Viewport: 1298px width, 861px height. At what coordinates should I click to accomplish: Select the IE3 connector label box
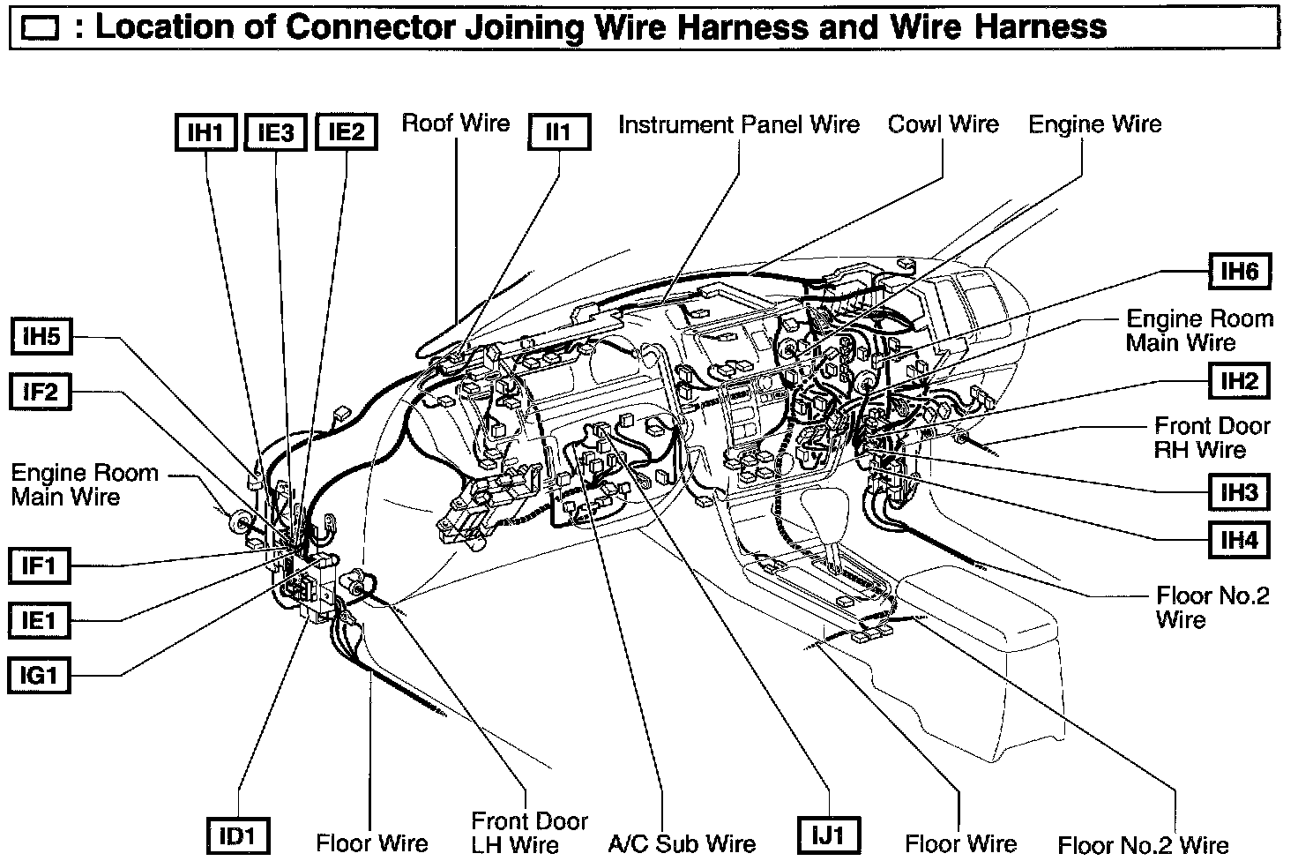pos(276,132)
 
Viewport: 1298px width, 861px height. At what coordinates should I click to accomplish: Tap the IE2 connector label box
pos(347,132)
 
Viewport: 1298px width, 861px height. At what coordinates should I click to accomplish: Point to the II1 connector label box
pos(559,132)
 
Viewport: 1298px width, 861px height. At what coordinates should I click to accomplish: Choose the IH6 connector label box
pos(1239,271)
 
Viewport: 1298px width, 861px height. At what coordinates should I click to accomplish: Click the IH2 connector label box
pos(1239,381)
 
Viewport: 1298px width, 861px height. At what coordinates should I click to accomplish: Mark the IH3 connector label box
pos(1239,491)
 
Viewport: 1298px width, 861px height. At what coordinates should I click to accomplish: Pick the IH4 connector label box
pos(1239,539)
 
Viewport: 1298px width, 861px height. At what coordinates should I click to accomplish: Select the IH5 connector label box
pos(41,336)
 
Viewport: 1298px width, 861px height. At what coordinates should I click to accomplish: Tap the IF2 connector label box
pos(41,391)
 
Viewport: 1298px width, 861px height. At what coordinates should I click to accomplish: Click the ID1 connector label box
pos(237,835)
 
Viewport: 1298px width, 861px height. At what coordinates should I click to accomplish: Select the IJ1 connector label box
pos(828,835)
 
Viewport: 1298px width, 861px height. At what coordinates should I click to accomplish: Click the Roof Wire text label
pos(455,123)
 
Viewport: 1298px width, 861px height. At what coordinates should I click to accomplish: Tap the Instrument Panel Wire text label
pos(739,124)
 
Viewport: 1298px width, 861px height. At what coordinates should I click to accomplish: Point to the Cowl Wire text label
pos(943,124)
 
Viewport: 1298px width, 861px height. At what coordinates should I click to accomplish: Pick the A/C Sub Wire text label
pos(682,843)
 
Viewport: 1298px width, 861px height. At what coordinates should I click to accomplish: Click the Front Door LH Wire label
pos(529,833)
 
